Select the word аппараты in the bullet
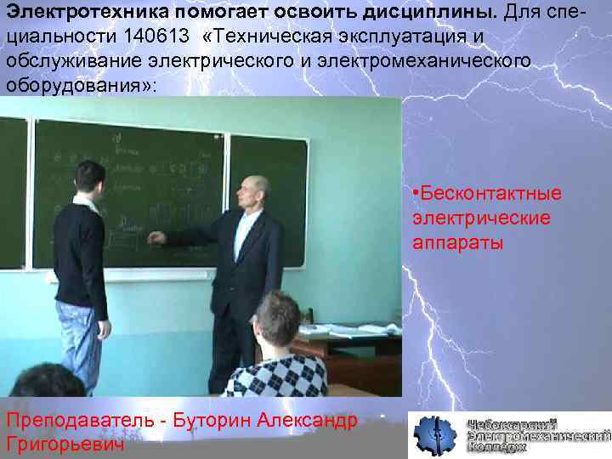click(458, 242)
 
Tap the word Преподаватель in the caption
click(84, 421)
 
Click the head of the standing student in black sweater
click(88, 180)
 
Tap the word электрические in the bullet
click(481, 218)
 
